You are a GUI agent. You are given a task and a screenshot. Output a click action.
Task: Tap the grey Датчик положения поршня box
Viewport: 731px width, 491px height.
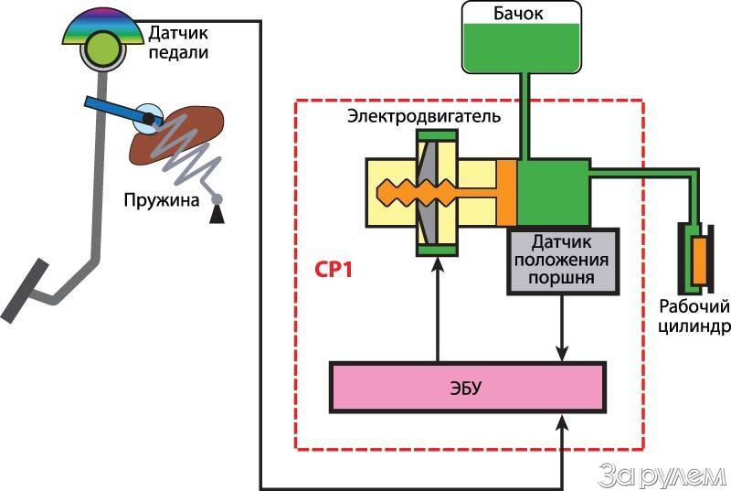click(563, 261)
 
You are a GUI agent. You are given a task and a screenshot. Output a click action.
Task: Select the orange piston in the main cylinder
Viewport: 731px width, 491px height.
click(507, 191)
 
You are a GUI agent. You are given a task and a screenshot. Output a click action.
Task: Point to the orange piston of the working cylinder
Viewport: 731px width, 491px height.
click(699, 259)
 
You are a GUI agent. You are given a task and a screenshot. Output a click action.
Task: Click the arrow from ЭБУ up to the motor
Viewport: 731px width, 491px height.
click(438, 311)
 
